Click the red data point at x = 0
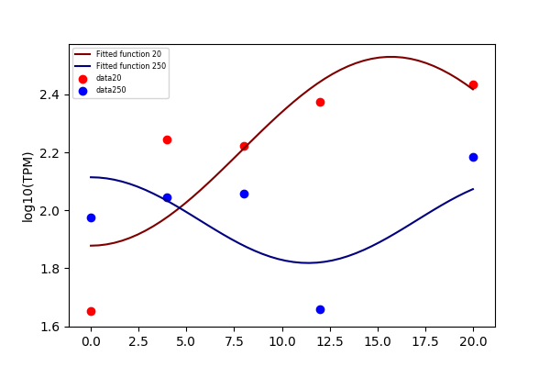click(x=91, y=312)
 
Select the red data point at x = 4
click(x=168, y=139)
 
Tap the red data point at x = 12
click(x=320, y=102)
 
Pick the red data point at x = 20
click(x=473, y=84)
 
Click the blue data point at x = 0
click(x=91, y=217)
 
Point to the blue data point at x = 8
click(x=244, y=194)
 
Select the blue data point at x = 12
click(x=320, y=309)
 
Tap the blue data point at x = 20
click(x=473, y=157)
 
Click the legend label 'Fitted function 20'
click(x=128, y=54)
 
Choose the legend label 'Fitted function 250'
click(x=131, y=66)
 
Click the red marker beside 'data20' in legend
click(x=82, y=79)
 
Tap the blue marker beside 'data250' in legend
click(x=82, y=91)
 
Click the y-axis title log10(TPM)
click(x=27, y=187)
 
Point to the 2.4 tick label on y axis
click(x=49, y=95)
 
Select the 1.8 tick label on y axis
click(x=49, y=269)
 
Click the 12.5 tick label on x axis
click(x=330, y=341)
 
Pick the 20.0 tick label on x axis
click(x=473, y=341)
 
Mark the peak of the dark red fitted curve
click(x=390, y=57)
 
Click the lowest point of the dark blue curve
click(x=308, y=262)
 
